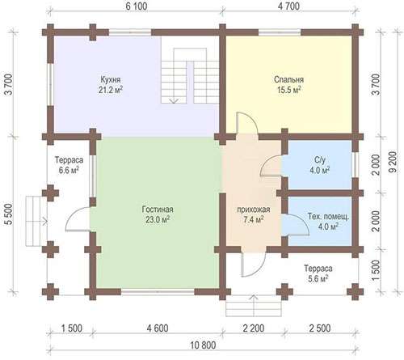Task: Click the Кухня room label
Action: tap(111, 80)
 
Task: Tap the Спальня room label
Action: tap(288, 80)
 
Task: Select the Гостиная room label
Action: tap(158, 210)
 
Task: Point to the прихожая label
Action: tap(254, 210)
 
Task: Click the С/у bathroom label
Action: tap(320, 160)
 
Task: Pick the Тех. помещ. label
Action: tap(329, 217)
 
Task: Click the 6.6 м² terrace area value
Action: tap(69, 171)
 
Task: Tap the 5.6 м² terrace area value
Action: tap(318, 279)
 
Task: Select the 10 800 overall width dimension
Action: tap(203, 345)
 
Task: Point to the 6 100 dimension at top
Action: tap(137, 6)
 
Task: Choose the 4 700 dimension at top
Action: tap(288, 6)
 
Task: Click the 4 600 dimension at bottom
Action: tap(158, 328)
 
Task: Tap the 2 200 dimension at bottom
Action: tap(254, 328)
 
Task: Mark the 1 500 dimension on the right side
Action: tap(377, 271)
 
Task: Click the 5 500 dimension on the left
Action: tap(9, 214)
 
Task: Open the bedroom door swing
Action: tap(247, 123)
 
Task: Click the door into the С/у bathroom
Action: tap(271, 167)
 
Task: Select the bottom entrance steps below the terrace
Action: tap(254, 308)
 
